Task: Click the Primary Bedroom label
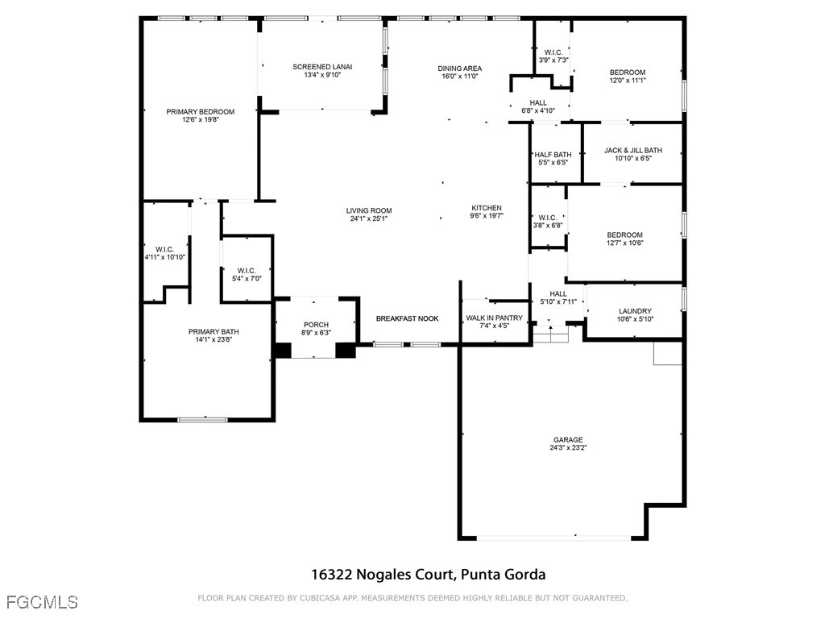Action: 200,112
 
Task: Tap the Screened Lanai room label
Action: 322,67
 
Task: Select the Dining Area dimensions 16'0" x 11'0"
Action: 459,77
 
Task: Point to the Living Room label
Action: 369,211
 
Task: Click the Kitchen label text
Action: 487,208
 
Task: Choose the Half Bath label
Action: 553,155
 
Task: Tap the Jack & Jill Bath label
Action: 632,150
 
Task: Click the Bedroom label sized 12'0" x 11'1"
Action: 627,73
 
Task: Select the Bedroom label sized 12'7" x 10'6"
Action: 624,235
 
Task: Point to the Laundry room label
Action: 635,311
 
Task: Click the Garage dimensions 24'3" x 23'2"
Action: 568,448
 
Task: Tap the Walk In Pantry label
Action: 494,318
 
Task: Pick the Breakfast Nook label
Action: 407,318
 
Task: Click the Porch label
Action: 315,325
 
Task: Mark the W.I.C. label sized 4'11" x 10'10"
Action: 164,249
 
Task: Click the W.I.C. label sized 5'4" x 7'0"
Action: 246,270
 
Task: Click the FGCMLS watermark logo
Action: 42,602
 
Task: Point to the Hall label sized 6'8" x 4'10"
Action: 538,103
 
